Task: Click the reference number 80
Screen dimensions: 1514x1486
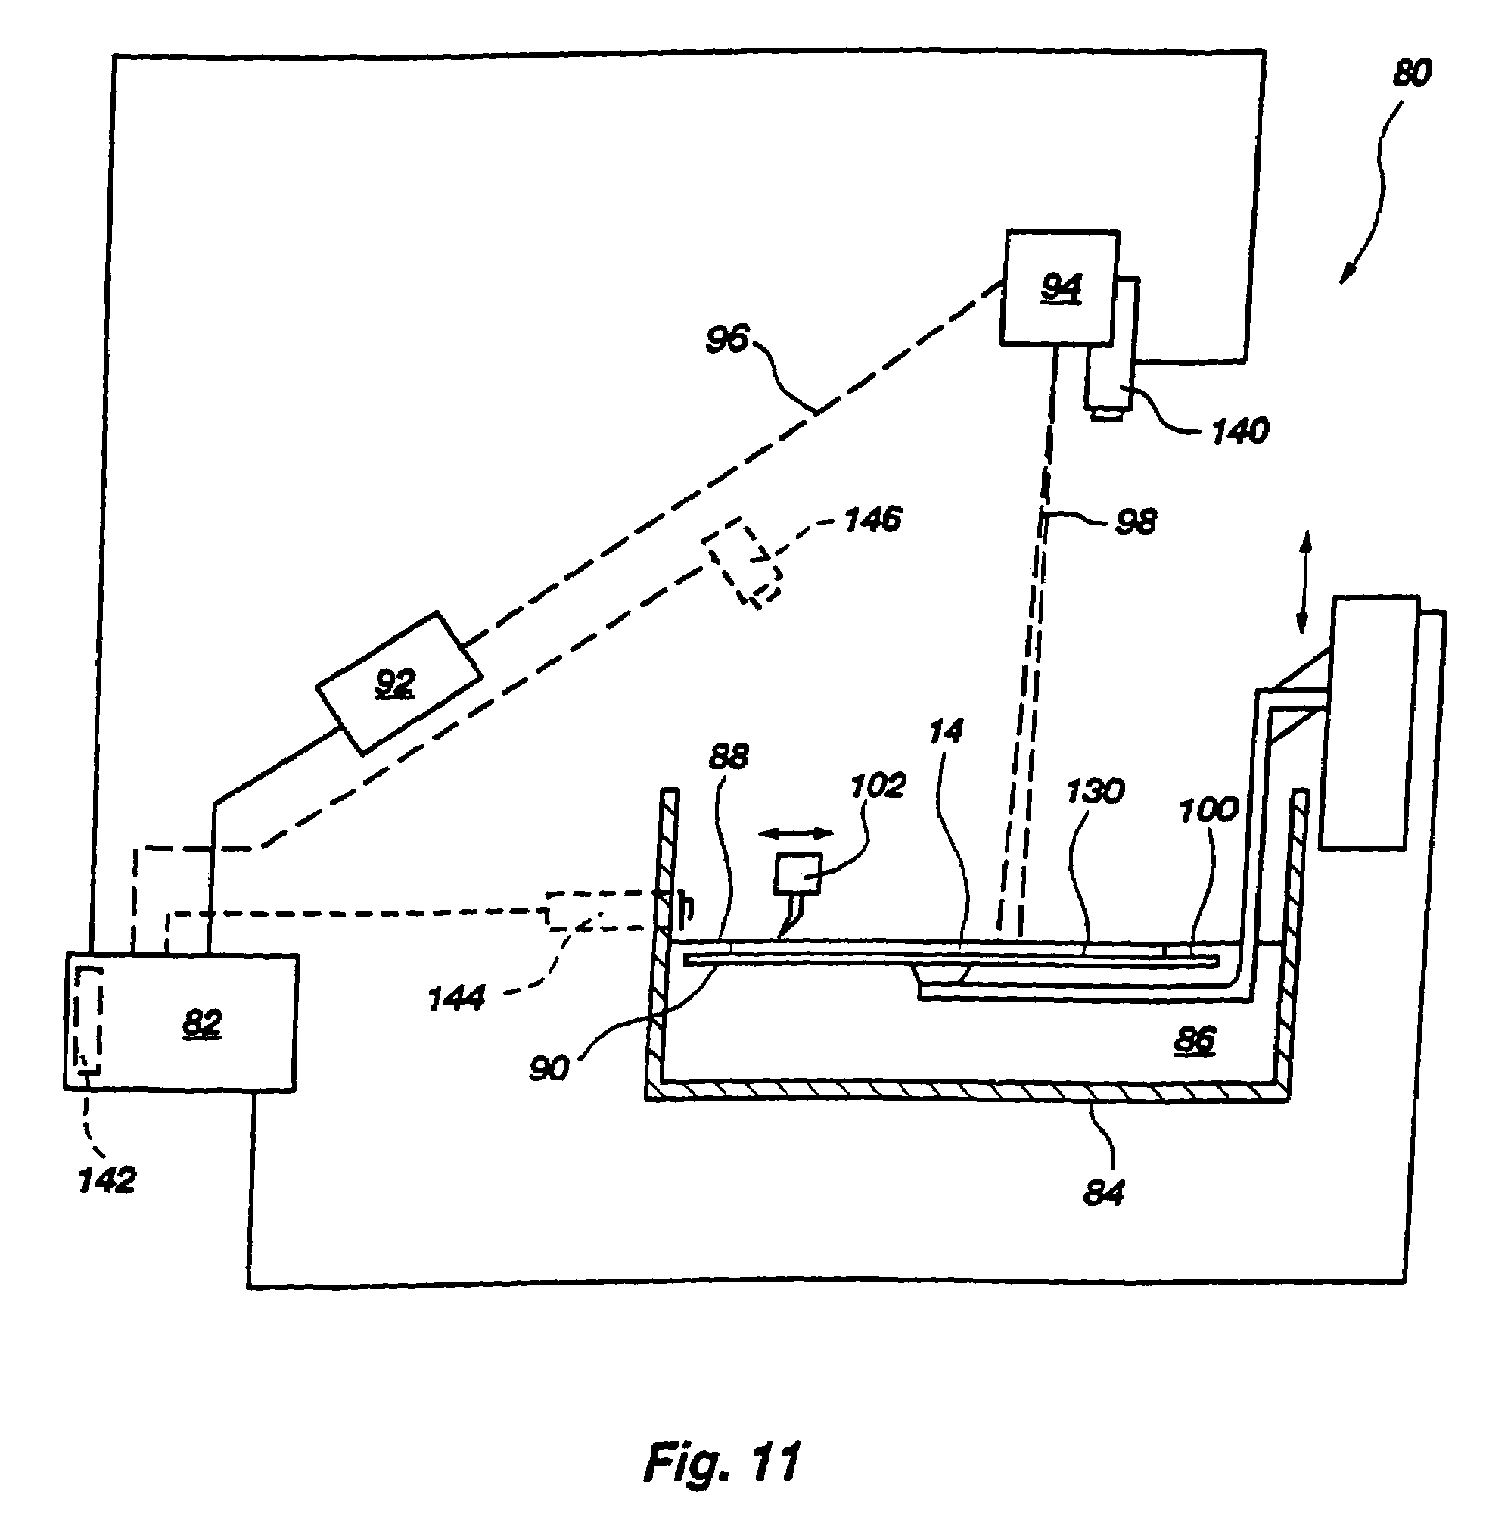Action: [1412, 73]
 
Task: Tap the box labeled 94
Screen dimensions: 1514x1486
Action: [1059, 288]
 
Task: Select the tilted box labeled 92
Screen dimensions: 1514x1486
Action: [397, 684]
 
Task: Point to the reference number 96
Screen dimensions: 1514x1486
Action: [726, 340]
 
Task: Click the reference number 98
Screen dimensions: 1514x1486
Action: [1136, 522]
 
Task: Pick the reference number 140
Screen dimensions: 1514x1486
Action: [1240, 430]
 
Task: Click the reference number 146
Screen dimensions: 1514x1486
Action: [872, 519]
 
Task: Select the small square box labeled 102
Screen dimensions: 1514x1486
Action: [797, 874]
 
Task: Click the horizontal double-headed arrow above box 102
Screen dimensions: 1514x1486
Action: [797, 833]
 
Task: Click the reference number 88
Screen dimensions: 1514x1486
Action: [728, 755]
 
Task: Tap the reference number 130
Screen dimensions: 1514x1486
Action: [1094, 792]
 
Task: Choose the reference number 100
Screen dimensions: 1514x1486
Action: [1208, 810]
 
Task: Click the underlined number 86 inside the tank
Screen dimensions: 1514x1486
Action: [1194, 1041]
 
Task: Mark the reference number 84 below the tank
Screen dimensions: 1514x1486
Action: [1104, 1192]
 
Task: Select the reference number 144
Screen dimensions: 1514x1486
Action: [456, 998]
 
